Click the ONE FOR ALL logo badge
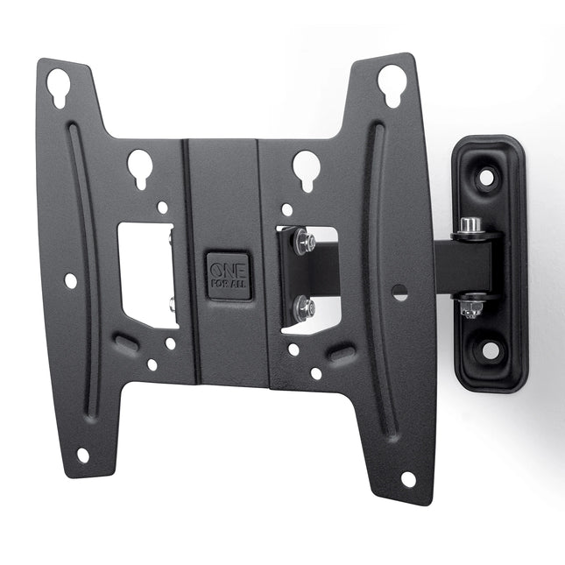click(229, 277)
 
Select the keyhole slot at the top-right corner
click(390, 84)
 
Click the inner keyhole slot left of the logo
click(140, 167)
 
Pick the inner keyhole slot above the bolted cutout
click(305, 168)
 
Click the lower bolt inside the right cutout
click(304, 307)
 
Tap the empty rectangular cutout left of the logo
click(147, 273)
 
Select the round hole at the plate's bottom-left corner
click(82, 456)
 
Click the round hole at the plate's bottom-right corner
click(408, 479)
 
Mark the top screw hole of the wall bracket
click(487, 177)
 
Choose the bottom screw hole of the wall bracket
click(491, 350)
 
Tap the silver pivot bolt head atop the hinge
click(470, 226)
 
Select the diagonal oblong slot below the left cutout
click(127, 343)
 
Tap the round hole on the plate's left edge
click(70, 280)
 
